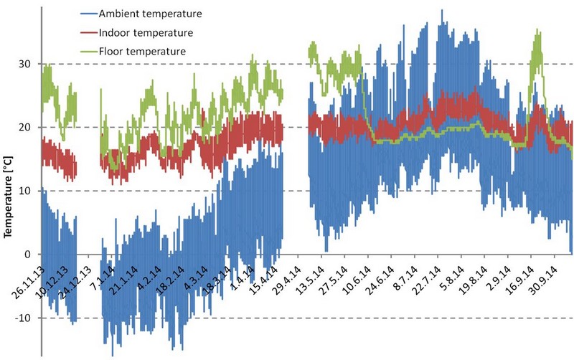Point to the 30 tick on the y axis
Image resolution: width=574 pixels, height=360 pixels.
pos(27,65)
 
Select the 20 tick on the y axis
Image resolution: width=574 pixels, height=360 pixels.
pos(27,128)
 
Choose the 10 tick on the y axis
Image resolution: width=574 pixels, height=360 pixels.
pos(27,191)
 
